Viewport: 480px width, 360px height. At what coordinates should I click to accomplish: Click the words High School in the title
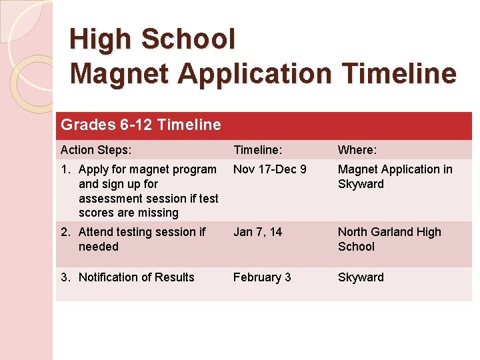tap(153, 39)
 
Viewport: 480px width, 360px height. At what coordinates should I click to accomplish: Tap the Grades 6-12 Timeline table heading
tap(141, 125)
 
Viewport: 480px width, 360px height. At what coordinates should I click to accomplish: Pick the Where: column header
tap(358, 150)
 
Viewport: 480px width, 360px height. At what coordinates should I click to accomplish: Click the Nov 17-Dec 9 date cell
tap(269, 169)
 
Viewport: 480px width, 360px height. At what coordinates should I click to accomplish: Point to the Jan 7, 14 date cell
tap(257, 232)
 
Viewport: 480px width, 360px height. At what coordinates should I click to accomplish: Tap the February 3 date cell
tap(262, 277)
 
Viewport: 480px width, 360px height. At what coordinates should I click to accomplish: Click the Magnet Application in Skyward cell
tap(395, 177)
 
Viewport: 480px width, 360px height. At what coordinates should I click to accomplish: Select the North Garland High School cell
tap(389, 239)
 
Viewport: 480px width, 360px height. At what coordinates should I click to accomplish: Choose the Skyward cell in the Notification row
tap(361, 277)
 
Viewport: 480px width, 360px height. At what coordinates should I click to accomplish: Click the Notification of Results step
tap(136, 277)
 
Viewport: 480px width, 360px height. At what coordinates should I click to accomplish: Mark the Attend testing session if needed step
tap(141, 239)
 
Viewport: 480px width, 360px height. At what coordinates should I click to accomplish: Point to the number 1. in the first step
tap(65, 169)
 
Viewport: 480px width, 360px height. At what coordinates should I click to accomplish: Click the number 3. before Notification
tap(65, 277)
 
